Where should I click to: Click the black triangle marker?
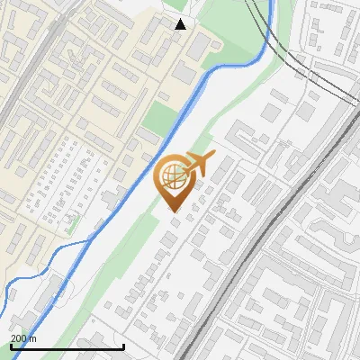[x=181, y=24]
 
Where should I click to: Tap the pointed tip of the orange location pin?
[x=175, y=211]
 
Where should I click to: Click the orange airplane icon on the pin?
[x=196, y=166]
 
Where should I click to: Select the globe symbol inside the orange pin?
[x=171, y=175]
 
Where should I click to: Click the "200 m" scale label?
[x=23, y=338]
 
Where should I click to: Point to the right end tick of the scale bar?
[x=123, y=346]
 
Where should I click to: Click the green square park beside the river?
[x=159, y=119]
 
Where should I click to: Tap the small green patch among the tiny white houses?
[x=72, y=221]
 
